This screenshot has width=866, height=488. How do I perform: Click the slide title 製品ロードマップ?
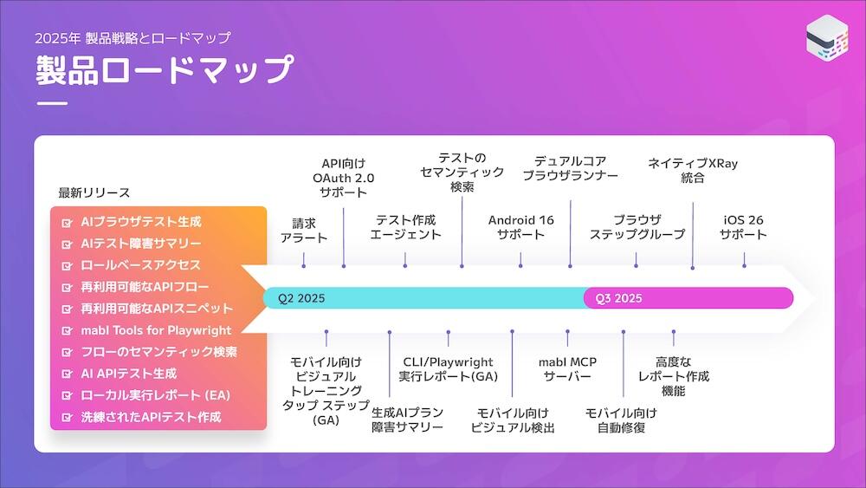(165, 69)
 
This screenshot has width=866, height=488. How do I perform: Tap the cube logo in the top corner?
(827, 40)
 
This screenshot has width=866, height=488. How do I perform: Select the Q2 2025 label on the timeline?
(301, 298)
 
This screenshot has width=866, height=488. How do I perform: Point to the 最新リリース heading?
(94, 192)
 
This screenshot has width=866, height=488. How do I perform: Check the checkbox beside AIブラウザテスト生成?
(67, 222)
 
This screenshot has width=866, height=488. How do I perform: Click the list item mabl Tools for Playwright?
(156, 330)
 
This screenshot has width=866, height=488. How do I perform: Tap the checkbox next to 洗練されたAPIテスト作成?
(67, 417)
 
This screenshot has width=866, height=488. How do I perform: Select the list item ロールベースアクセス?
(140, 265)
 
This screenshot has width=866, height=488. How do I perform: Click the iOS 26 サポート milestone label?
(745, 227)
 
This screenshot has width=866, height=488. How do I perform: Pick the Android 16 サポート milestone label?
(520, 227)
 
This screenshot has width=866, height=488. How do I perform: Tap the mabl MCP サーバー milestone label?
(567, 369)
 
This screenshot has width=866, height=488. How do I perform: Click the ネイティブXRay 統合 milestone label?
(693, 170)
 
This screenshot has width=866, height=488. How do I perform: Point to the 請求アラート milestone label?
(304, 230)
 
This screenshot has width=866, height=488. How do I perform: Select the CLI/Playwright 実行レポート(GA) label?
(448, 369)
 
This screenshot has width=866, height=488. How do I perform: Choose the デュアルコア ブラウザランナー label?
(570, 167)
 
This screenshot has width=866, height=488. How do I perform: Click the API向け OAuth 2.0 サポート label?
(344, 178)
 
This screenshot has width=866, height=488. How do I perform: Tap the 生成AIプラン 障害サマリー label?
(407, 420)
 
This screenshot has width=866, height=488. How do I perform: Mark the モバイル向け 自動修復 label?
(621, 420)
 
